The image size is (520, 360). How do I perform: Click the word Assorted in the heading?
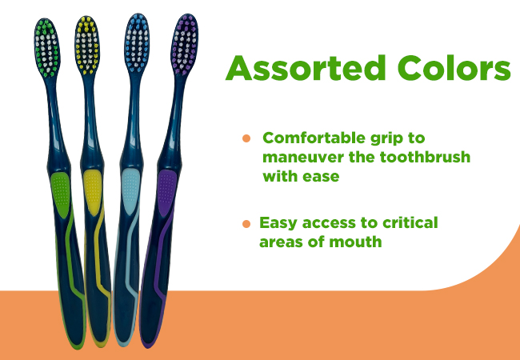pyautogui.click(x=306, y=68)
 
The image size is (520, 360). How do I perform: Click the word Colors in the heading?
pyautogui.click(x=454, y=68)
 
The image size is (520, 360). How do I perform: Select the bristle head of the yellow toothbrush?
pyautogui.click(x=87, y=45)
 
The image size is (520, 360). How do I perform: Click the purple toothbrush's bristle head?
pyautogui.click(x=185, y=45)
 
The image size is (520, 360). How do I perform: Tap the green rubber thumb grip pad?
pyautogui.click(x=60, y=195)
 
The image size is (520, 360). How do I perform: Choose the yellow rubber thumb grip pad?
pyautogui.click(x=92, y=193)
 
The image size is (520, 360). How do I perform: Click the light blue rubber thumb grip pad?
pyautogui.click(x=130, y=192)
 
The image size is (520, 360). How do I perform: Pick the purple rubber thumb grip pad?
pyautogui.click(x=166, y=194)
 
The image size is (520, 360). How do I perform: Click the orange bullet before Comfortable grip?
pyautogui.click(x=246, y=138)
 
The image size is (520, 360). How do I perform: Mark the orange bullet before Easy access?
pyautogui.click(x=246, y=224)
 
